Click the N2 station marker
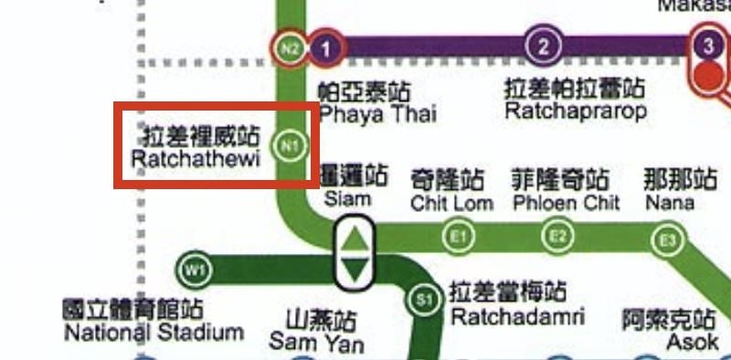[290, 47]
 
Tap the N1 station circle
[291, 144]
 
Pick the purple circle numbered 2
[544, 46]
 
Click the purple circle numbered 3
[708, 45]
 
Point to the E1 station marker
[460, 238]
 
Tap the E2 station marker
[556, 238]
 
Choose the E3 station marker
[668, 241]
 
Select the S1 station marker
[422, 299]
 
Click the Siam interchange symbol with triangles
[355, 252]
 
